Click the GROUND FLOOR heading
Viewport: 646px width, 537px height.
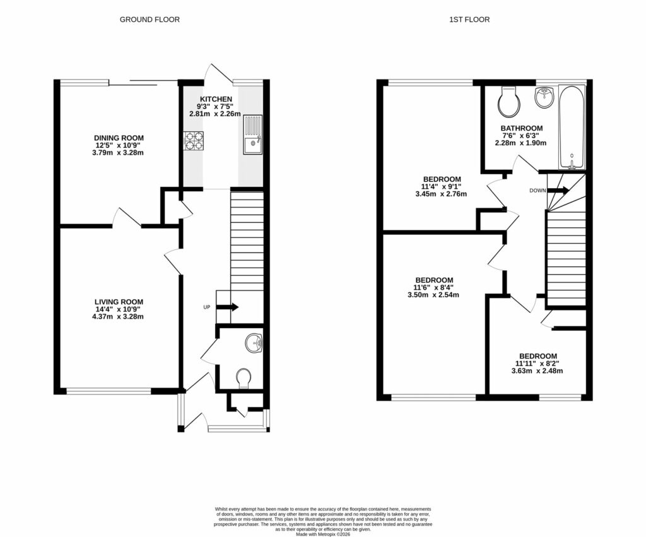150,20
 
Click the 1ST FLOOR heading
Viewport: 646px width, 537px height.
469,20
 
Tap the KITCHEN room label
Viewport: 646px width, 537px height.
216,99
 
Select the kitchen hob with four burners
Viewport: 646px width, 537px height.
194,140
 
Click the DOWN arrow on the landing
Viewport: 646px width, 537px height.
558,190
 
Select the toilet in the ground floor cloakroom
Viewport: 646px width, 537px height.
244,378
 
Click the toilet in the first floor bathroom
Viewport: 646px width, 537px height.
508,102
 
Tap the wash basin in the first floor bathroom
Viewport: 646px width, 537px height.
544,97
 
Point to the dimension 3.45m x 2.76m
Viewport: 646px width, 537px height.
441,194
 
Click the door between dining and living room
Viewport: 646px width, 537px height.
127,218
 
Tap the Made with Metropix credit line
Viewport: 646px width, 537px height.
322,534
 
